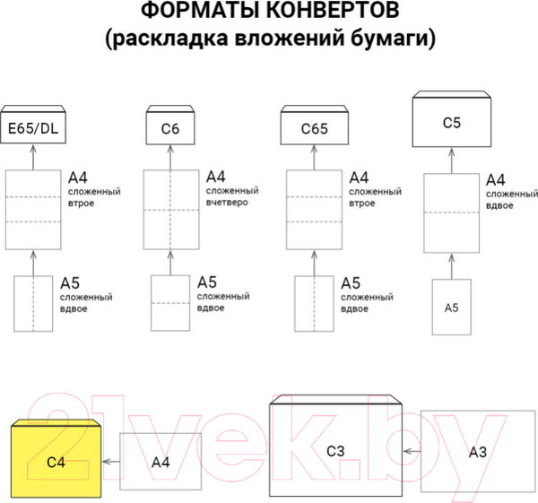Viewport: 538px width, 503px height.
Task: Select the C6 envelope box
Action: click(170, 129)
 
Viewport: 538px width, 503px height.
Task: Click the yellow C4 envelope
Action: click(57, 462)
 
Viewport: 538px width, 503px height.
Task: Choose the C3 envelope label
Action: click(335, 450)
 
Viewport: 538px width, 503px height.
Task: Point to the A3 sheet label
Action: click(478, 452)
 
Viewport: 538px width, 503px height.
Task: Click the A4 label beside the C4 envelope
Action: click(161, 462)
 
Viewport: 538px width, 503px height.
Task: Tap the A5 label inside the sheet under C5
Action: click(452, 308)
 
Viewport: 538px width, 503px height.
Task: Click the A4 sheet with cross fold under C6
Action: click(170, 209)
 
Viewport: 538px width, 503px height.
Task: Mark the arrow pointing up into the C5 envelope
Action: click(451, 160)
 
